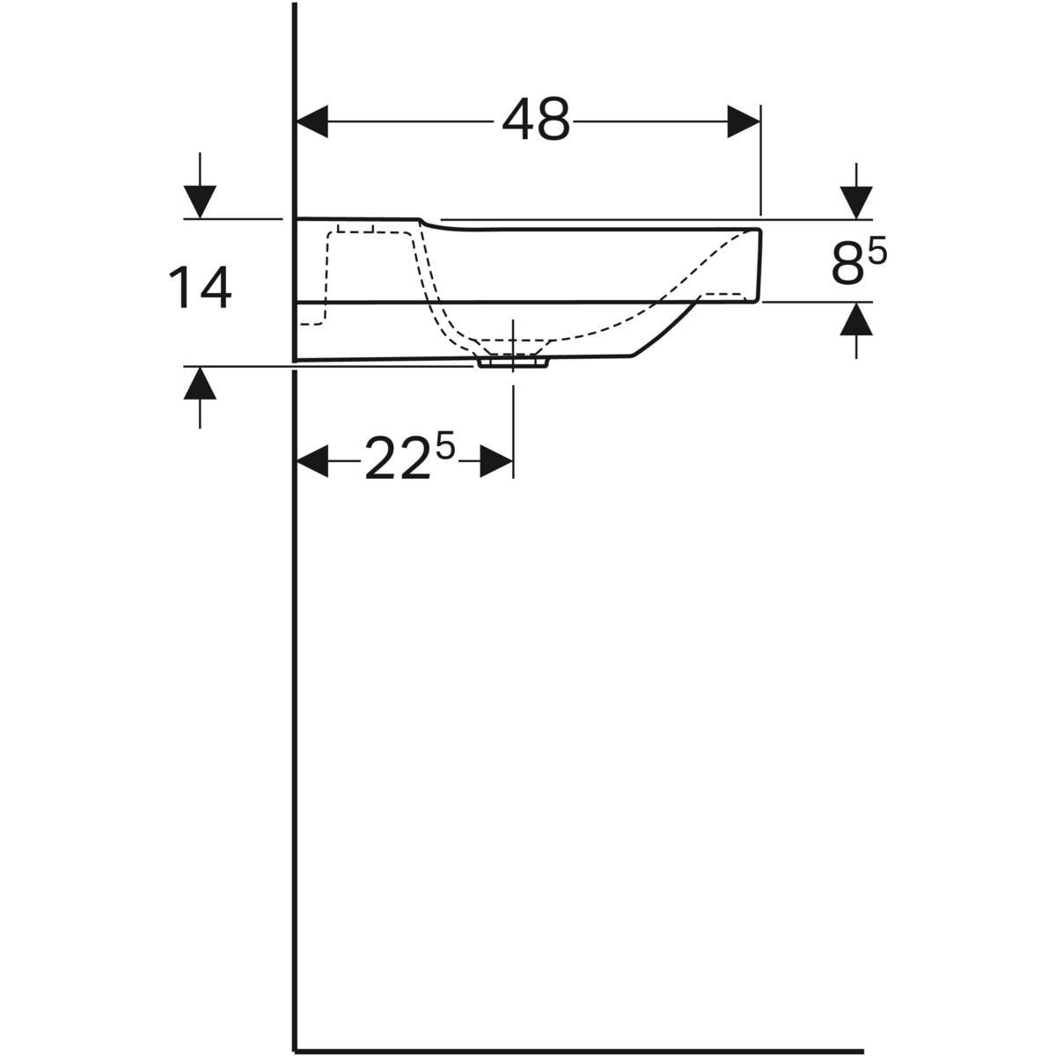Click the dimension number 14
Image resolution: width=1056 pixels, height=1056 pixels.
(x=202, y=289)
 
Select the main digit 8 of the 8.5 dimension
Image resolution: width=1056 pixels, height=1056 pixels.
(x=847, y=265)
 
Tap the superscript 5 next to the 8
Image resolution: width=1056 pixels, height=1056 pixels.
(x=877, y=253)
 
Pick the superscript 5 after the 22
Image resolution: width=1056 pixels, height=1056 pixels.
(x=445, y=448)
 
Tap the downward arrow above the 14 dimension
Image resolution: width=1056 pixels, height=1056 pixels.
(x=201, y=202)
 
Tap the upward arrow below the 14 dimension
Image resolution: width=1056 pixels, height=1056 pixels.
(x=201, y=383)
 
